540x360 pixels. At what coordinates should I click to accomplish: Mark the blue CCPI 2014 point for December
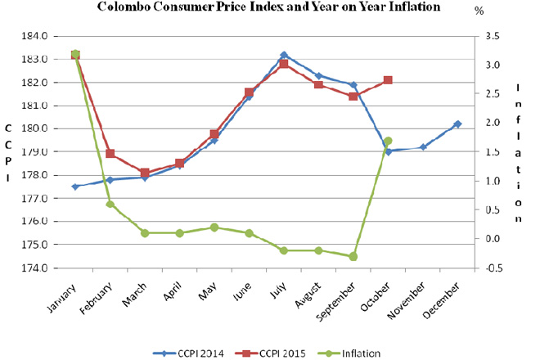tap(457, 124)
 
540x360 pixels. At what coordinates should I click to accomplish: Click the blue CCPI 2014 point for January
tap(75, 187)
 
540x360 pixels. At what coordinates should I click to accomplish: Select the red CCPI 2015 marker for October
tap(388, 80)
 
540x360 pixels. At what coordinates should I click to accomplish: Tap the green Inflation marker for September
tap(353, 256)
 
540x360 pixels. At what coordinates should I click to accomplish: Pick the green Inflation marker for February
tap(110, 204)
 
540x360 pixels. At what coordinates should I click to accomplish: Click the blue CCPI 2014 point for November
tap(423, 147)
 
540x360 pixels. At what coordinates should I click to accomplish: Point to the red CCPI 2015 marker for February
tap(110, 154)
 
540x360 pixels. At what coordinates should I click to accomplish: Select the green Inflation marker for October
tap(388, 141)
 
